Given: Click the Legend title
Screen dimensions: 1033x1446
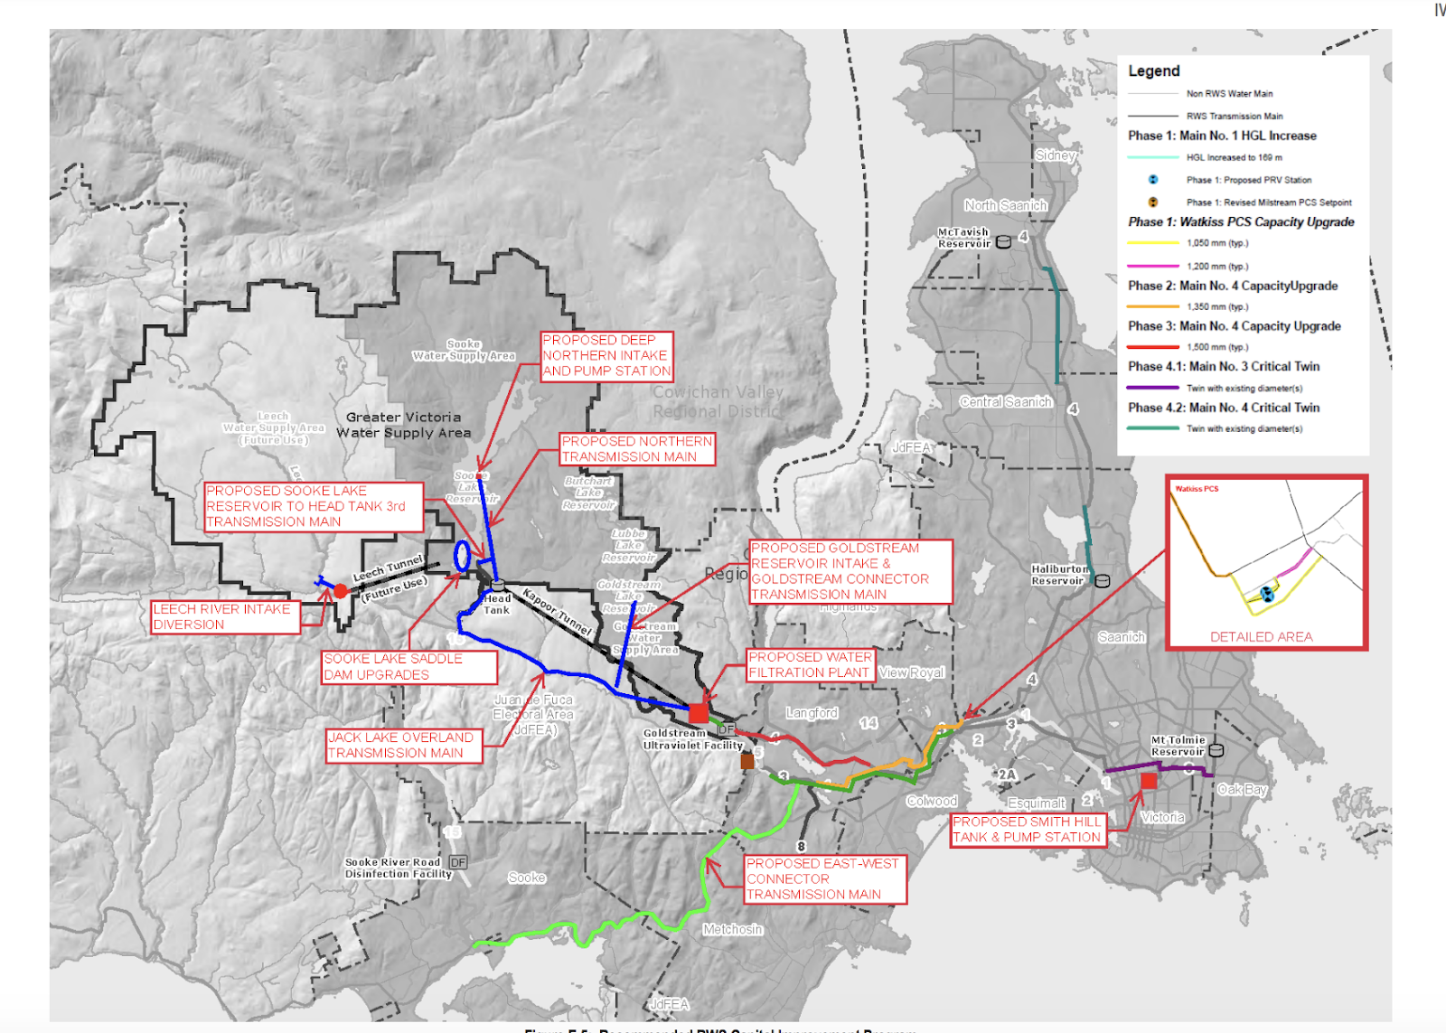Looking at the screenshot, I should (1154, 71).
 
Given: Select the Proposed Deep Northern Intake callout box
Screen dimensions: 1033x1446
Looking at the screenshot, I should (606, 355).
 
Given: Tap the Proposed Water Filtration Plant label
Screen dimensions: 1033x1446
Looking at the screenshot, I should (810, 665).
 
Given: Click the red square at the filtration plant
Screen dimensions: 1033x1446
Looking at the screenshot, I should (698, 713).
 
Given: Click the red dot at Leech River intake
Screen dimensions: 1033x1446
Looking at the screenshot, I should (341, 591).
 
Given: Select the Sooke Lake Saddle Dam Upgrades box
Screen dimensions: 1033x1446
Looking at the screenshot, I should (408, 667).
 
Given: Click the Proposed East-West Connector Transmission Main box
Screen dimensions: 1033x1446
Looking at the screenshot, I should (824, 878).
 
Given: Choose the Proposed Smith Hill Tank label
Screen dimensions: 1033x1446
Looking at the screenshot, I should (1028, 830).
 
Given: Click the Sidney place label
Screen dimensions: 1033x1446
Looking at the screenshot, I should (1055, 155).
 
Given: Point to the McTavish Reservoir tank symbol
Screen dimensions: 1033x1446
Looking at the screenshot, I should (1003, 242).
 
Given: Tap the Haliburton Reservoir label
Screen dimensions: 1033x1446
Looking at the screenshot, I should (1059, 575).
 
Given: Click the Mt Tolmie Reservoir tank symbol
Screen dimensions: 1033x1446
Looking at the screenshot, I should (1216, 750).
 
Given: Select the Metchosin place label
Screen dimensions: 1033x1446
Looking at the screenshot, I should (733, 929).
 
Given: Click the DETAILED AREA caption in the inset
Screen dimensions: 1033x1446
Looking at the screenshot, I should (1261, 637).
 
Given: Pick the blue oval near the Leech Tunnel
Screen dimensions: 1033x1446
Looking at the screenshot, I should (462, 556).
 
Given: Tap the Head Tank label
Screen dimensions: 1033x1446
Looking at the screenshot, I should (496, 604).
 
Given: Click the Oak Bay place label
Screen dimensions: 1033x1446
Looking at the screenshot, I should (1242, 789).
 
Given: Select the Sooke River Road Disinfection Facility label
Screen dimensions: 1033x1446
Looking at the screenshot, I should (398, 868).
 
